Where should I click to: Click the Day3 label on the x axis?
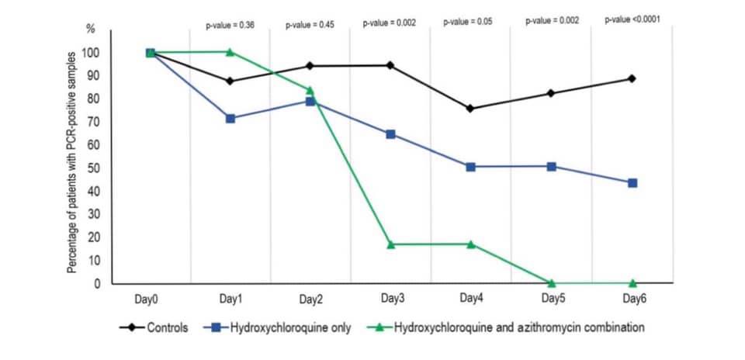tap(392, 299)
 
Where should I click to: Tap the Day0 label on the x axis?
tap(151, 299)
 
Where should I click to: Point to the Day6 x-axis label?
tap(632, 299)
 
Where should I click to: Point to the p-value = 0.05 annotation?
tap(469, 22)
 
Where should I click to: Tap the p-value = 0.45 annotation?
tap(310, 24)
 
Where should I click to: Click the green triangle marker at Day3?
tap(390, 244)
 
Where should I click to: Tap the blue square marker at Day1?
tap(230, 119)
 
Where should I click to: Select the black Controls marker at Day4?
tap(470, 109)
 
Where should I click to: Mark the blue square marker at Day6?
tap(632, 183)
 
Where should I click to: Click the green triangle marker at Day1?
tap(230, 52)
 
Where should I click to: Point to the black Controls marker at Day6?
tap(632, 78)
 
